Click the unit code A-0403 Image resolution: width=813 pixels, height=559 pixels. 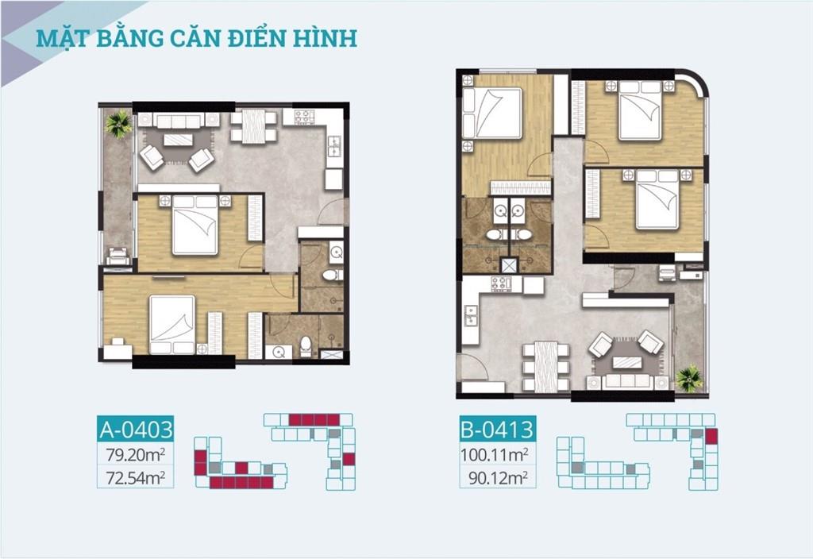[136, 430]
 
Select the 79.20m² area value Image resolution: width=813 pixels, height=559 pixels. [135, 454]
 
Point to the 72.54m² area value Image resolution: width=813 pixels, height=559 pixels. [135, 477]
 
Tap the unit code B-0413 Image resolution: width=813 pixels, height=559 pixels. [497, 430]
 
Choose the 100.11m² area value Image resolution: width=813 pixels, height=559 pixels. [495, 454]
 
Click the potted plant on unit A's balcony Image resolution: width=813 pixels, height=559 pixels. [119, 124]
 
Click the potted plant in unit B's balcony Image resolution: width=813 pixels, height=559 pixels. [690, 379]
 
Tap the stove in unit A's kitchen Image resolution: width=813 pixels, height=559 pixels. [305, 118]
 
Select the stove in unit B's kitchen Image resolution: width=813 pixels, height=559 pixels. [502, 284]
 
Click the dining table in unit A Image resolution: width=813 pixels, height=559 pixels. [253, 126]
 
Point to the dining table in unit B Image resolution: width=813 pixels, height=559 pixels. [545, 367]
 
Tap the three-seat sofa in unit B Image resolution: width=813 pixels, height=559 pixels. [629, 382]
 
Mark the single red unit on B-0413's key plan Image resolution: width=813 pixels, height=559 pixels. [711, 437]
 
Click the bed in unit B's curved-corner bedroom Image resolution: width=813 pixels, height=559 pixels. [641, 110]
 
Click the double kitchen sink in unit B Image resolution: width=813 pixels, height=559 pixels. [471, 315]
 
